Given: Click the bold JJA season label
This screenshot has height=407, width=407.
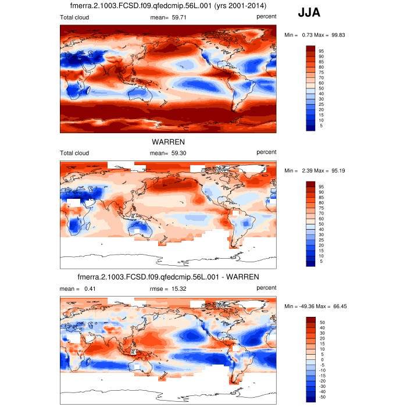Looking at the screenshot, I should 309,12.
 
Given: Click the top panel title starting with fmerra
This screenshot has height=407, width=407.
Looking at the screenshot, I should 168,6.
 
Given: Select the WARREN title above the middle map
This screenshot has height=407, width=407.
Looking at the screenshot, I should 168,141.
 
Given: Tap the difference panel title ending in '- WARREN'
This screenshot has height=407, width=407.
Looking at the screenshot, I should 168,276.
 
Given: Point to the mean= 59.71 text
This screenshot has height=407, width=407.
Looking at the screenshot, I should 168,17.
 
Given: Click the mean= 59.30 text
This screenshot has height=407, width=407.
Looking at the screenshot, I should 168,152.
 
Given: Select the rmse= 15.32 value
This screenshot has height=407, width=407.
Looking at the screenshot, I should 169,288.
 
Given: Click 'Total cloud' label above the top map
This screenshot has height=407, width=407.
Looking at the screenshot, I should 74,17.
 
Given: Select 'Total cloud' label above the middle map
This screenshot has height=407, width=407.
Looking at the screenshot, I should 74,152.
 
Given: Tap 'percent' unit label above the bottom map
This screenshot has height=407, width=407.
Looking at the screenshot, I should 266,287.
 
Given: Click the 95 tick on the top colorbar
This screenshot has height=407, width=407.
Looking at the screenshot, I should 321,51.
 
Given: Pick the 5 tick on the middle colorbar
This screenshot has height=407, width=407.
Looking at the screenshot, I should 321,262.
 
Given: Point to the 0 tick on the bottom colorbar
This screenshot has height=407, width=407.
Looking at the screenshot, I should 321,359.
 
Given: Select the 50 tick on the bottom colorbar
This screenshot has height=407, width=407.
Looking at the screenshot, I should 321,322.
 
